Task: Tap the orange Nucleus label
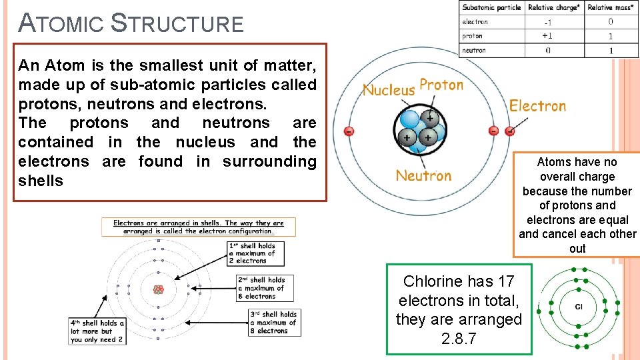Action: pyautogui.click(x=389, y=89)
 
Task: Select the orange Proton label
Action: pyautogui.click(x=441, y=85)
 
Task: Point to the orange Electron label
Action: pyautogui.click(x=537, y=105)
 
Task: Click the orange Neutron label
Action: pyautogui.click(x=423, y=175)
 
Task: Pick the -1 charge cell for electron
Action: pyautogui.click(x=548, y=22)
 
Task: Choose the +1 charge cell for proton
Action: pyautogui.click(x=547, y=36)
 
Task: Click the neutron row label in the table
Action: pyautogui.click(x=474, y=50)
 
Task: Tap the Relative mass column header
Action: pyautogui.click(x=610, y=7)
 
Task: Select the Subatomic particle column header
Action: pyautogui.click(x=491, y=7)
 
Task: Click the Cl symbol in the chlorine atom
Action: pyautogui.click(x=579, y=307)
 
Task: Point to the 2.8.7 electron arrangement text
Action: pyautogui.click(x=459, y=338)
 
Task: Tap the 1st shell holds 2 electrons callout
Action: pyautogui.click(x=252, y=253)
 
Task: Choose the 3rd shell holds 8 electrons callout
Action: pyautogui.click(x=273, y=322)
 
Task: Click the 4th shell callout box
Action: pyautogui.click(x=97, y=331)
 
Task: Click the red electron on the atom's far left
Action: pyautogui.click(x=349, y=131)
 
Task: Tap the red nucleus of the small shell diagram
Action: pyautogui.click(x=159, y=289)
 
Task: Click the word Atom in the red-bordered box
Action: pyautogui.click(x=61, y=65)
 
